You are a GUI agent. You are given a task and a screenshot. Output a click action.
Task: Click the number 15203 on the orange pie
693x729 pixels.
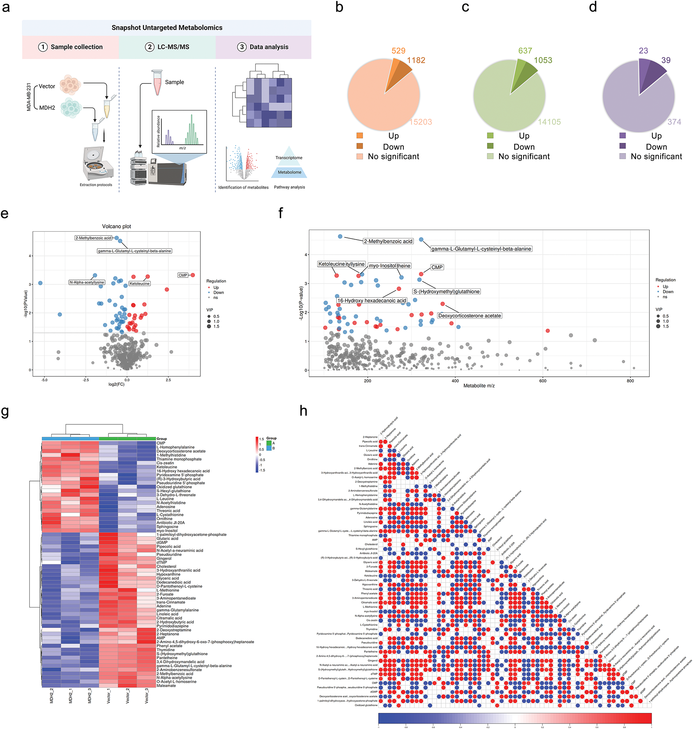coord(421,122)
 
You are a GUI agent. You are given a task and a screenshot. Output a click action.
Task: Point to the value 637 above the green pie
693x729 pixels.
coord(525,51)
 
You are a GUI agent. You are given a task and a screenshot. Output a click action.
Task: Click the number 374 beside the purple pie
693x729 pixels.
coord(674,122)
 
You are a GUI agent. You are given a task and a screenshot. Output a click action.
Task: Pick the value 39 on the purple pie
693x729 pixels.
coord(666,60)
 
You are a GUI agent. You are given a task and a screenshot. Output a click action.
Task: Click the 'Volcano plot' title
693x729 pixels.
coord(116,226)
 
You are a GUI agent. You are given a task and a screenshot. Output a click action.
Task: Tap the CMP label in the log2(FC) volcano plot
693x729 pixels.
coord(183,275)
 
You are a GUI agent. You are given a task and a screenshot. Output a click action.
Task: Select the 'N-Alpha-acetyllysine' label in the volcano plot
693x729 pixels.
coord(87,283)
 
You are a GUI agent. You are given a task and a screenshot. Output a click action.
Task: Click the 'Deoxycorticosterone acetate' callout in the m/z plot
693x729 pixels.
coord(470,316)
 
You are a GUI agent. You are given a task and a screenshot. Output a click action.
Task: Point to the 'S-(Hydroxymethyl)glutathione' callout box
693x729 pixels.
coord(446,292)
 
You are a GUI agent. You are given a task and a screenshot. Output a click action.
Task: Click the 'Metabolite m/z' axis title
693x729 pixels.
coord(479,386)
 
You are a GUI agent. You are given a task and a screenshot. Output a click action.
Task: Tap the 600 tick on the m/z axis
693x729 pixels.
coord(543,381)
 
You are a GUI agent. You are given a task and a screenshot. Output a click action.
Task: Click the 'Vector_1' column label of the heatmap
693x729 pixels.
coord(109,696)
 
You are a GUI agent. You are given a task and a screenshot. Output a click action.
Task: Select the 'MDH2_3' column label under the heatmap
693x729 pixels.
coord(89,696)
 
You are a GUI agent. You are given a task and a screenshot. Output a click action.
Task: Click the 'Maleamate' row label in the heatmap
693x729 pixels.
coord(166,686)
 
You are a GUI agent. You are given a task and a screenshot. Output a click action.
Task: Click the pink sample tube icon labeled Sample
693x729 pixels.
coord(158,82)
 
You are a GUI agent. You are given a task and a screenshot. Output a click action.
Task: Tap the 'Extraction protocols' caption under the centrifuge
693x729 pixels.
coord(96,185)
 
